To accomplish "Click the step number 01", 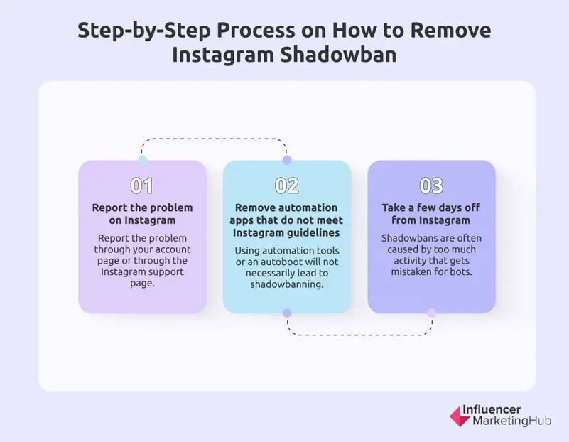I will [x=142, y=186].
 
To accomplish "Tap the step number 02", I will [x=287, y=186].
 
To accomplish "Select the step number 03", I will [x=431, y=186].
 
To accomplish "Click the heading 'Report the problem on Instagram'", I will [x=142, y=214].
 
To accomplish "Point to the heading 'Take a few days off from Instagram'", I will [x=431, y=214].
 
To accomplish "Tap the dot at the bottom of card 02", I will [x=287, y=313].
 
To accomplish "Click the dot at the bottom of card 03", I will [x=431, y=313].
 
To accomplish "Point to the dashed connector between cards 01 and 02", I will [x=215, y=139].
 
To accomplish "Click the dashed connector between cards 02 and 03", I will [x=359, y=334].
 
